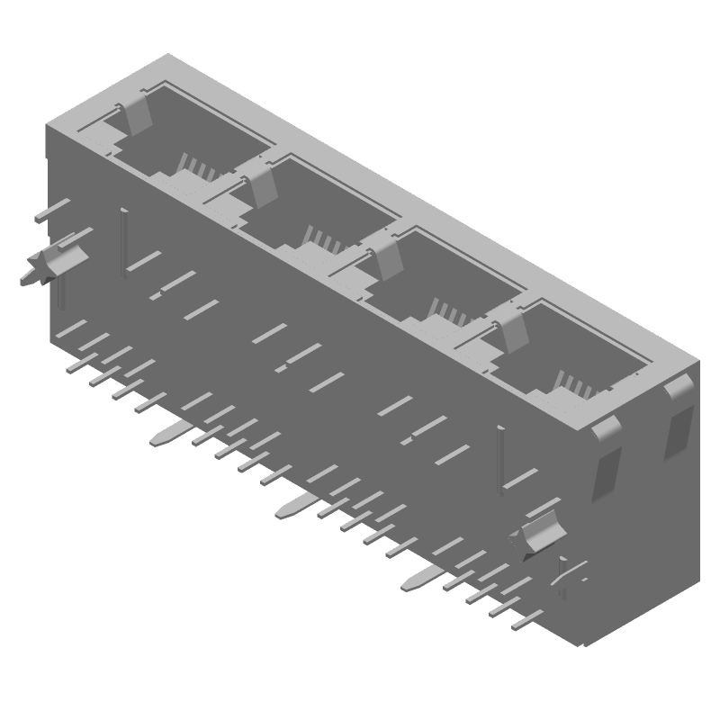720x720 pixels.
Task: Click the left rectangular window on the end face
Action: pyautogui.click(x=607, y=472)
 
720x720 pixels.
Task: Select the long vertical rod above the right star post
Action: pyautogui.click(x=500, y=459)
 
